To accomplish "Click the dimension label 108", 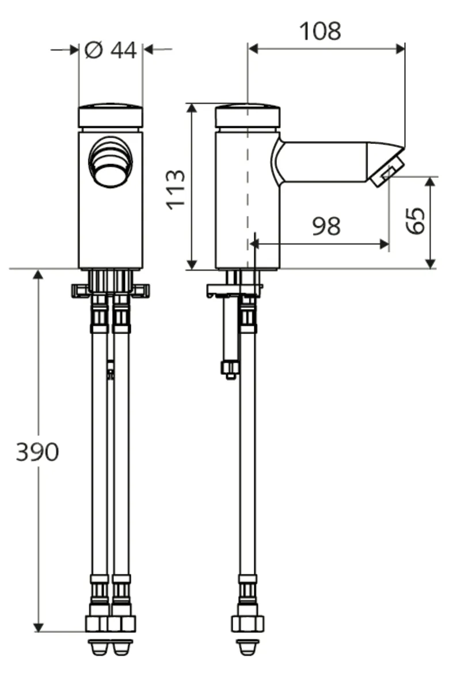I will point(320,31).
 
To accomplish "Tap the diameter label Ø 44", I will point(111,51).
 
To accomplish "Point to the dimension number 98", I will point(326,227).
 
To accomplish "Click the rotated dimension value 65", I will point(416,220).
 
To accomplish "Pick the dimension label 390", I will point(37,453).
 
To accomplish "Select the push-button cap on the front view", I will point(111,116).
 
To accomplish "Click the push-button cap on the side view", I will point(248,116).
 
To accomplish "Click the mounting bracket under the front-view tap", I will point(111,290).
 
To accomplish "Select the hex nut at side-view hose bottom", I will point(248,622).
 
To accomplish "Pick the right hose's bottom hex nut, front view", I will point(122,623).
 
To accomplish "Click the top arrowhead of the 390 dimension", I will point(39,275).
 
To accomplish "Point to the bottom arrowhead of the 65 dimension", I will point(430,264).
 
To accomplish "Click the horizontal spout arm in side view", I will point(322,162).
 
